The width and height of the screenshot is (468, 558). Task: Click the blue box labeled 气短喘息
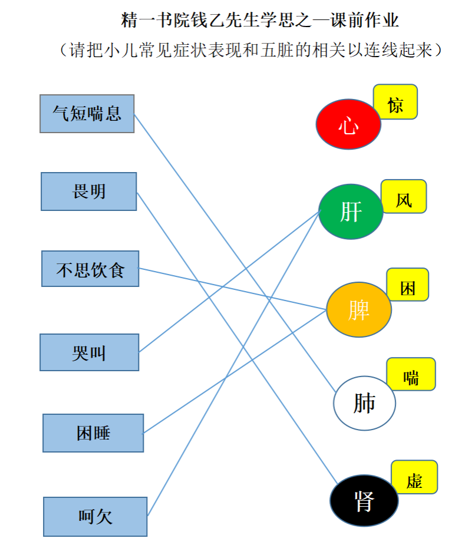point(87,114)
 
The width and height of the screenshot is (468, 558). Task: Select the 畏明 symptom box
point(88,191)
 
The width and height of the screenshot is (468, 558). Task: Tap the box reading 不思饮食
point(90,269)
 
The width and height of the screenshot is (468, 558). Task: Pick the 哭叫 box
point(90,352)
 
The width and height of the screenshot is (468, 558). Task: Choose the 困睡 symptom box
point(93,433)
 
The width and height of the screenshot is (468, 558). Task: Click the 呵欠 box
point(95,517)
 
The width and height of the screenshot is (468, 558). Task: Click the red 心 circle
point(348,124)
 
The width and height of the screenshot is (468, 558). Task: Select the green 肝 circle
point(351,212)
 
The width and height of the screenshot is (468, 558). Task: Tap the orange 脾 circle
point(359,309)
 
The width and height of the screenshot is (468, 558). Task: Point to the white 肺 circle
point(364,403)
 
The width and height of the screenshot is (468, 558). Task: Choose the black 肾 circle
point(364,500)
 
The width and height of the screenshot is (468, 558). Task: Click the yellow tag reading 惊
point(396,102)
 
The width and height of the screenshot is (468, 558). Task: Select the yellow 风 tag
point(404,196)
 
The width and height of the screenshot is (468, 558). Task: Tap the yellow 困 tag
point(408,285)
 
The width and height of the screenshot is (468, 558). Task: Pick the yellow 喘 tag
point(411,374)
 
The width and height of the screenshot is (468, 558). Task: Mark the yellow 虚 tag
point(414,477)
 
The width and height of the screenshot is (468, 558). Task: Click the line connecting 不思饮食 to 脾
point(232,289)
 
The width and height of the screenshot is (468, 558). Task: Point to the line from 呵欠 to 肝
point(234,363)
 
